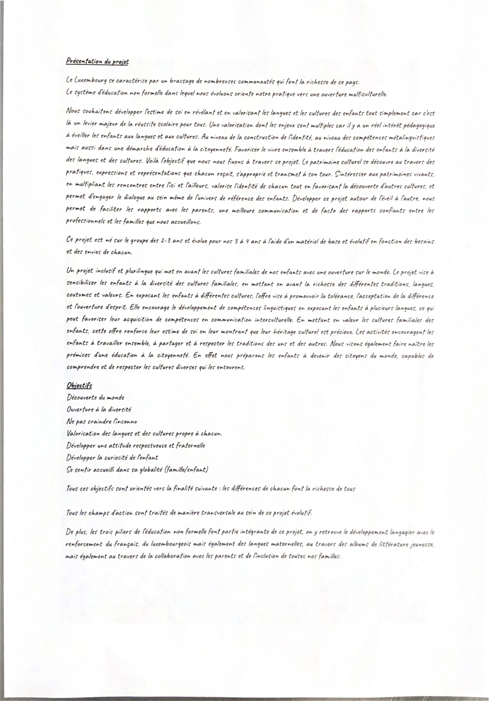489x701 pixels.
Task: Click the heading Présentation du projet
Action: (x=97, y=62)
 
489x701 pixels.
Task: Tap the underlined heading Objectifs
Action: (x=79, y=386)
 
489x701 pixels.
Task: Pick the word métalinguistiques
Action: (x=412, y=138)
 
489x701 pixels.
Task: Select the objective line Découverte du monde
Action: (x=96, y=398)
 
